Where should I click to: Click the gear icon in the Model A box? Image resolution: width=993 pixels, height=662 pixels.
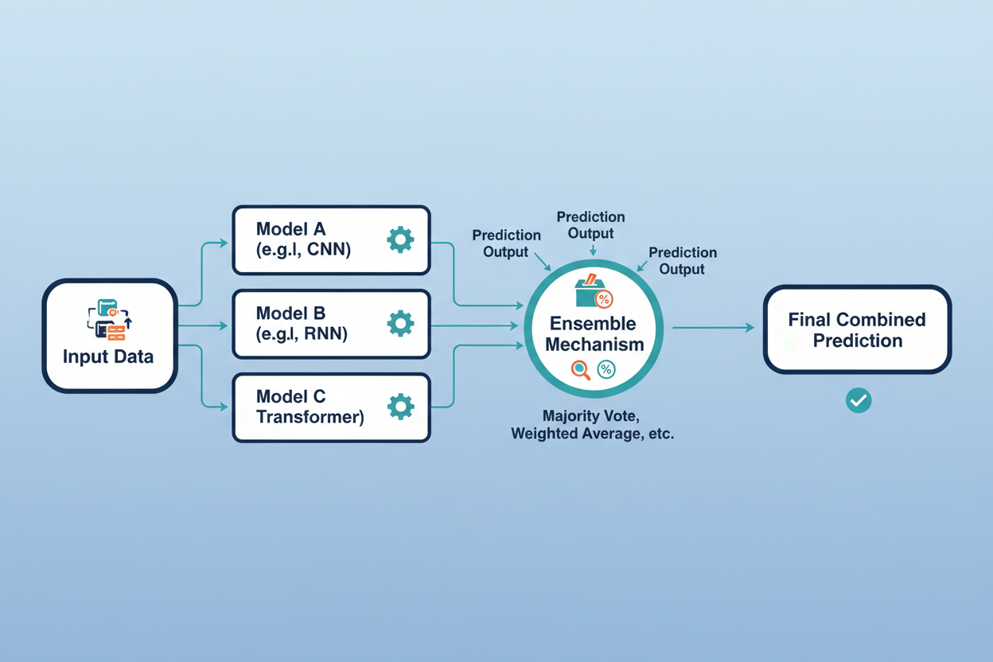400,239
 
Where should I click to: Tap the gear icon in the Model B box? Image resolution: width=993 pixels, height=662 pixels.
400,323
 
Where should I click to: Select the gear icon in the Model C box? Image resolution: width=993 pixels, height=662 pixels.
400,407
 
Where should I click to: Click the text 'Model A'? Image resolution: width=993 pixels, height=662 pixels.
290,229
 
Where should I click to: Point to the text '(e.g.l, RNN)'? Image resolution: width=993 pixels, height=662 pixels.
302,333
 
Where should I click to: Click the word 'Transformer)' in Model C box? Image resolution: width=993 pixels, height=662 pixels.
310,417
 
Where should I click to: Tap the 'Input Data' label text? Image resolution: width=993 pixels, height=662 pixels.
108,356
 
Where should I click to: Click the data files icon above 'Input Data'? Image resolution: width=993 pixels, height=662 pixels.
109,319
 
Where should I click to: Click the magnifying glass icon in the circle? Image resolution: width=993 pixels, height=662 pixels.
581,369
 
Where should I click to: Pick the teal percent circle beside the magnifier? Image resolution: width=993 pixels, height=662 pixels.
606,369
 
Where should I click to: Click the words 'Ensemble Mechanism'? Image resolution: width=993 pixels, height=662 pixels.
593,334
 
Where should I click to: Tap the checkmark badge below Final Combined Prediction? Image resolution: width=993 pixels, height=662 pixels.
858,400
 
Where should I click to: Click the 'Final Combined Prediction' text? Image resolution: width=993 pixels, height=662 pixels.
857,330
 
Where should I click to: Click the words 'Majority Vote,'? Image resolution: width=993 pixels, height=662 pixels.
592,416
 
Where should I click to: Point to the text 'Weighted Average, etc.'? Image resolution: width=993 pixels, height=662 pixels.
592,434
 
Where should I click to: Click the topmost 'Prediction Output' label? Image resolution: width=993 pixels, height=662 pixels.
590,225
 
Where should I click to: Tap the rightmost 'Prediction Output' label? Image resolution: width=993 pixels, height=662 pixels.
682,261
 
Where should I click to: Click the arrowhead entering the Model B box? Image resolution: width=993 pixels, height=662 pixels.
224,326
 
